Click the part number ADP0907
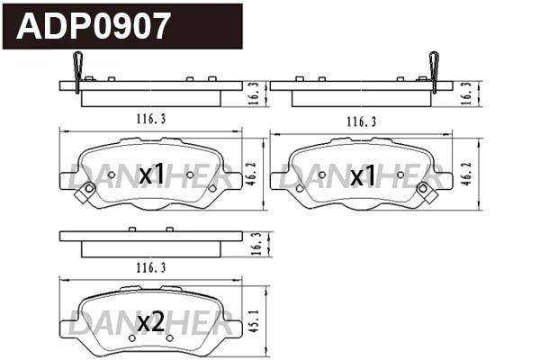pos(94,26)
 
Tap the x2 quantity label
pos(151,321)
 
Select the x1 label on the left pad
pos(151,175)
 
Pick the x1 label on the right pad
pos(363,175)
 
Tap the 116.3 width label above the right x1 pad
pos(360,121)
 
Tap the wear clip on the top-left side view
pos(77,71)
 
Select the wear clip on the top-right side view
pos(435,71)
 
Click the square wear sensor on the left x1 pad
pos(88,190)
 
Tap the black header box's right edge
pos(242,26)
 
